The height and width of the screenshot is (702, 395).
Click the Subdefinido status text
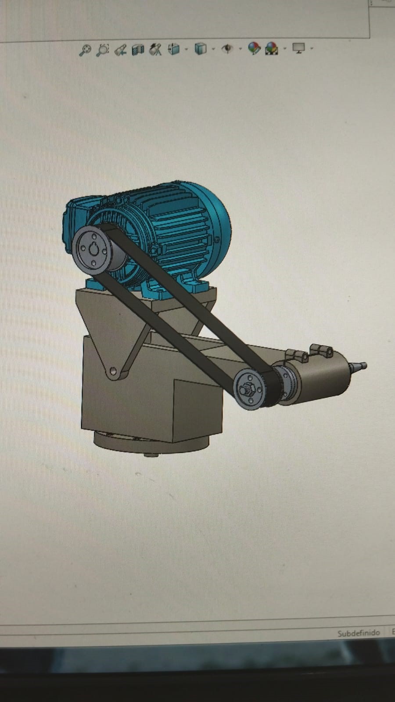359,633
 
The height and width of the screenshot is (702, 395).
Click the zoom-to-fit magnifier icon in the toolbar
85,50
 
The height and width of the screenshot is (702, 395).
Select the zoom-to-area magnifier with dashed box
103,50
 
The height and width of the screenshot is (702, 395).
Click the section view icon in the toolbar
138,50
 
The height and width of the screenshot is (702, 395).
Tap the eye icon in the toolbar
227,49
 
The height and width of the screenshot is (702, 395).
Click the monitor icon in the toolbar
298,48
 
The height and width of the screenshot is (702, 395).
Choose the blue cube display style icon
201,49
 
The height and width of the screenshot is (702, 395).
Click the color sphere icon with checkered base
272,49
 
